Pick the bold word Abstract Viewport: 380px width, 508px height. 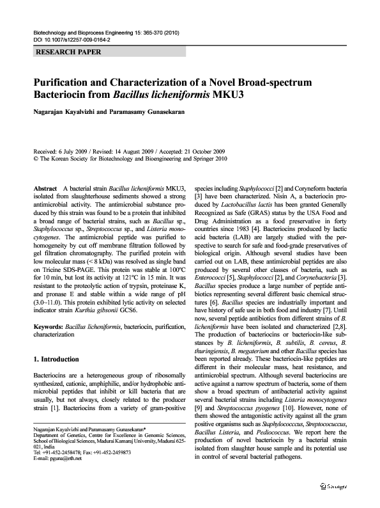tap(45, 189)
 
